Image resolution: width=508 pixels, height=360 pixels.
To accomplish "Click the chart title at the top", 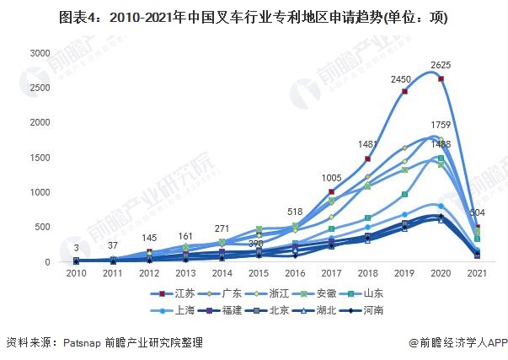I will [x=254, y=17].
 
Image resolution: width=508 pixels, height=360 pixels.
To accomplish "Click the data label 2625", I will [x=441, y=65].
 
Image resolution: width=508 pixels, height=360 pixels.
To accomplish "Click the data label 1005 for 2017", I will [x=332, y=178].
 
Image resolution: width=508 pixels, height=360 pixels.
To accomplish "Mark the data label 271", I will [x=223, y=228].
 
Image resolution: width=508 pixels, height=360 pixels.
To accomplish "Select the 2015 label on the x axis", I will [x=259, y=274].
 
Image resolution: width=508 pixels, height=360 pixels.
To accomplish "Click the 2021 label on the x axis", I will [x=476, y=274].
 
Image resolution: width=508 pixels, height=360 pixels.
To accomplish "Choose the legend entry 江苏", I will [x=182, y=293].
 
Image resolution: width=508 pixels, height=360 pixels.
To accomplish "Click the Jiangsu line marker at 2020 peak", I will [x=441, y=79].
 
